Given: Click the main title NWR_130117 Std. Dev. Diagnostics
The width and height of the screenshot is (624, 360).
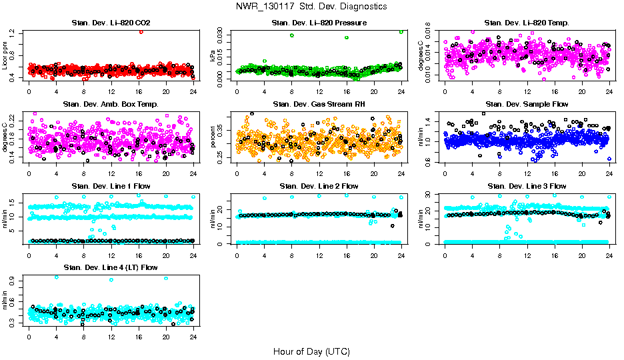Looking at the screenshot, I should pyautogui.click(x=311, y=6).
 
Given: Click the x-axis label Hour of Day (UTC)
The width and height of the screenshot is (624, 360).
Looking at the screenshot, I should pyautogui.click(x=311, y=351).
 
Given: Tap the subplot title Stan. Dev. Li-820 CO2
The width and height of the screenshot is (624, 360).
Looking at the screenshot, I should pyautogui.click(x=111, y=23).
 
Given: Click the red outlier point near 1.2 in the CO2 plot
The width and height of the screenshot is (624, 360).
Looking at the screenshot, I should pyautogui.click(x=141, y=31).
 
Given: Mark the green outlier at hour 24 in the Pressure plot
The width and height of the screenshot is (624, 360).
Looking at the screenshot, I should pyautogui.click(x=401, y=31).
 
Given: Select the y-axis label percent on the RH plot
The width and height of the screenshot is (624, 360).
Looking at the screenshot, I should pyautogui.click(x=214, y=137).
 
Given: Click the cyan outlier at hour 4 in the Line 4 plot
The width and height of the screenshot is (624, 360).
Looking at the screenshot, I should pyautogui.click(x=57, y=277).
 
